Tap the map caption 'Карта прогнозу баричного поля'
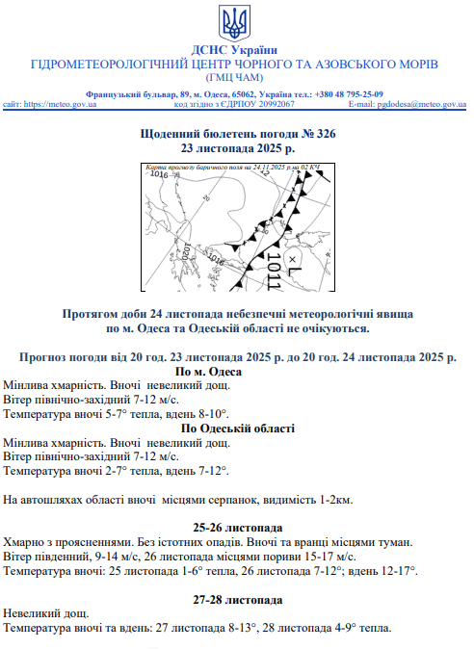point(193,169)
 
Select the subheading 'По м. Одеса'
point(236,372)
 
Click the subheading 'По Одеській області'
point(236,428)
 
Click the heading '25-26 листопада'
point(236,528)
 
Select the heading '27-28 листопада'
point(236,599)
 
